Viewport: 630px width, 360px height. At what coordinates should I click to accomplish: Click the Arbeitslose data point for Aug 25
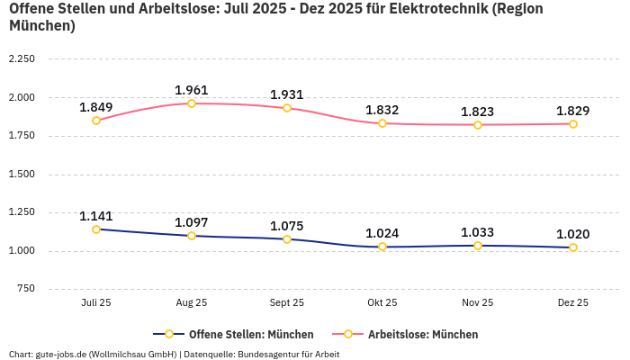pos(192,103)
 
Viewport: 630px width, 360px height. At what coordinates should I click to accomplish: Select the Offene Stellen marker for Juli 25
pos(96,229)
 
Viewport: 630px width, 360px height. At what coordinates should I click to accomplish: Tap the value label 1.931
pos(287,94)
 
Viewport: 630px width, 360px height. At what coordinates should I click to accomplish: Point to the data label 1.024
pos(382,233)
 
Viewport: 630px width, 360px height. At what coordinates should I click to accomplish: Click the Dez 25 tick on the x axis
pos(573,303)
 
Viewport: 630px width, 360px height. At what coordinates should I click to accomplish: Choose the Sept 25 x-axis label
pos(287,303)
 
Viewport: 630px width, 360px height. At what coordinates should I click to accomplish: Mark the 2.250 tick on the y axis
pos(21,59)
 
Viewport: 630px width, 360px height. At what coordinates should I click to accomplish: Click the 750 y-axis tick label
pos(26,289)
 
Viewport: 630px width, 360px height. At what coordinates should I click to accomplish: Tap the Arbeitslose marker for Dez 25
pos(573,124)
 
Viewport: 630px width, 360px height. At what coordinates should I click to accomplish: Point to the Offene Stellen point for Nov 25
pos(478,246)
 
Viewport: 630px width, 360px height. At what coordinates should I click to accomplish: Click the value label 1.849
pos(96,107)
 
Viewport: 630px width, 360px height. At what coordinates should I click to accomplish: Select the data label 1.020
pos(573,234)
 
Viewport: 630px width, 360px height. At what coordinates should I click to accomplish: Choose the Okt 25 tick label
pos(382,303)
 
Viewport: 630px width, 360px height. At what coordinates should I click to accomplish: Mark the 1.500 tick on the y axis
pos(21,174)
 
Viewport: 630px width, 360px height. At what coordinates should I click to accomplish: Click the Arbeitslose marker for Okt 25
pos(382,123)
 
